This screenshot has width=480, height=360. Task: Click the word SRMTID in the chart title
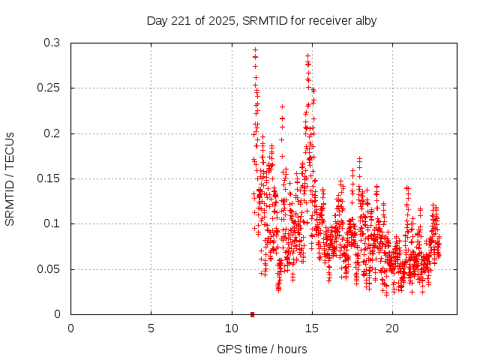click(266, 21)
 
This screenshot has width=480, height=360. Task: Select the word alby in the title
click(364, 21)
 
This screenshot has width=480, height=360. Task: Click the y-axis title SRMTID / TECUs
click(10, 178)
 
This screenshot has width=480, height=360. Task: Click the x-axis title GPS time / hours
click(262, 349)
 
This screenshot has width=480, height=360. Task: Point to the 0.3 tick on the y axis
click(52, 43)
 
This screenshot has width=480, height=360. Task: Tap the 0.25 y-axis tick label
click(49, 88)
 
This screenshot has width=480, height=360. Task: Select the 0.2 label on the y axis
click(52, 133)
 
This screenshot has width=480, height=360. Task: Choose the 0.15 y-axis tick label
click(49, 178)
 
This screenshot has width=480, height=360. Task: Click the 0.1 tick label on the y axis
click(52, 224)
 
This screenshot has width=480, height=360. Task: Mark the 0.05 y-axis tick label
click(49, 269)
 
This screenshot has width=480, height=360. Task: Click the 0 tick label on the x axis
click(70, 328)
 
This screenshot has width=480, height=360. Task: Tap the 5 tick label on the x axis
click(151, 328)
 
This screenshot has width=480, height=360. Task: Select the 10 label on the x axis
click(231, 328)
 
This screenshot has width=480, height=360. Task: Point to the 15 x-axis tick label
click(311, 328)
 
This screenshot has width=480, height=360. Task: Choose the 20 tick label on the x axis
click(391, 328)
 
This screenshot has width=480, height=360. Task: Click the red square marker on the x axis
click(252, 314)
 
